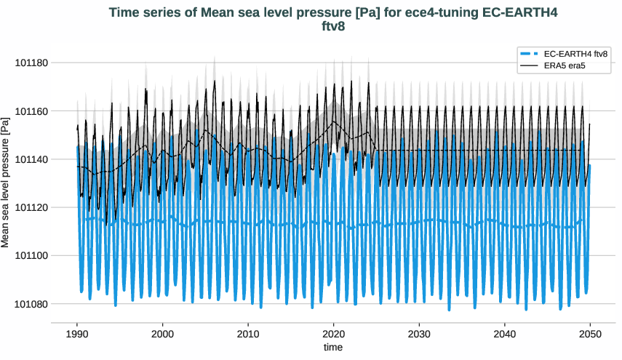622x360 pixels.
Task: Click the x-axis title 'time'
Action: pos(333,348)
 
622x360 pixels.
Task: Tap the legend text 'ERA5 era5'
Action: pos(565,66)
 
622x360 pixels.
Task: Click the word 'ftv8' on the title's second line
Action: pos(332,27)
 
